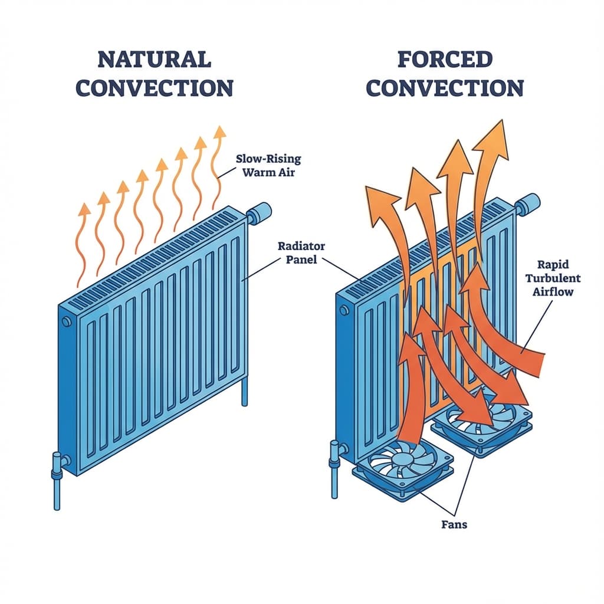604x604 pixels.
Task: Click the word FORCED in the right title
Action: coord(445,60)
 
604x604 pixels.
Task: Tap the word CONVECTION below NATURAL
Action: coord(155,88)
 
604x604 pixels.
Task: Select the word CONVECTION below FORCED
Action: coord(445,88)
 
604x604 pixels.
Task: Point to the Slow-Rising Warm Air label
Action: coord(268,165)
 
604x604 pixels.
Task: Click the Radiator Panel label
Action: coord(301,252)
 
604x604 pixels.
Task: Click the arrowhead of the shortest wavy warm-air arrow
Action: coord(85,209)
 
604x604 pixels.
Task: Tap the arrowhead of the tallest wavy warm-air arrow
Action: coord(220,132)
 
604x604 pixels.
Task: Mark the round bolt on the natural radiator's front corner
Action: coord(65,321)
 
